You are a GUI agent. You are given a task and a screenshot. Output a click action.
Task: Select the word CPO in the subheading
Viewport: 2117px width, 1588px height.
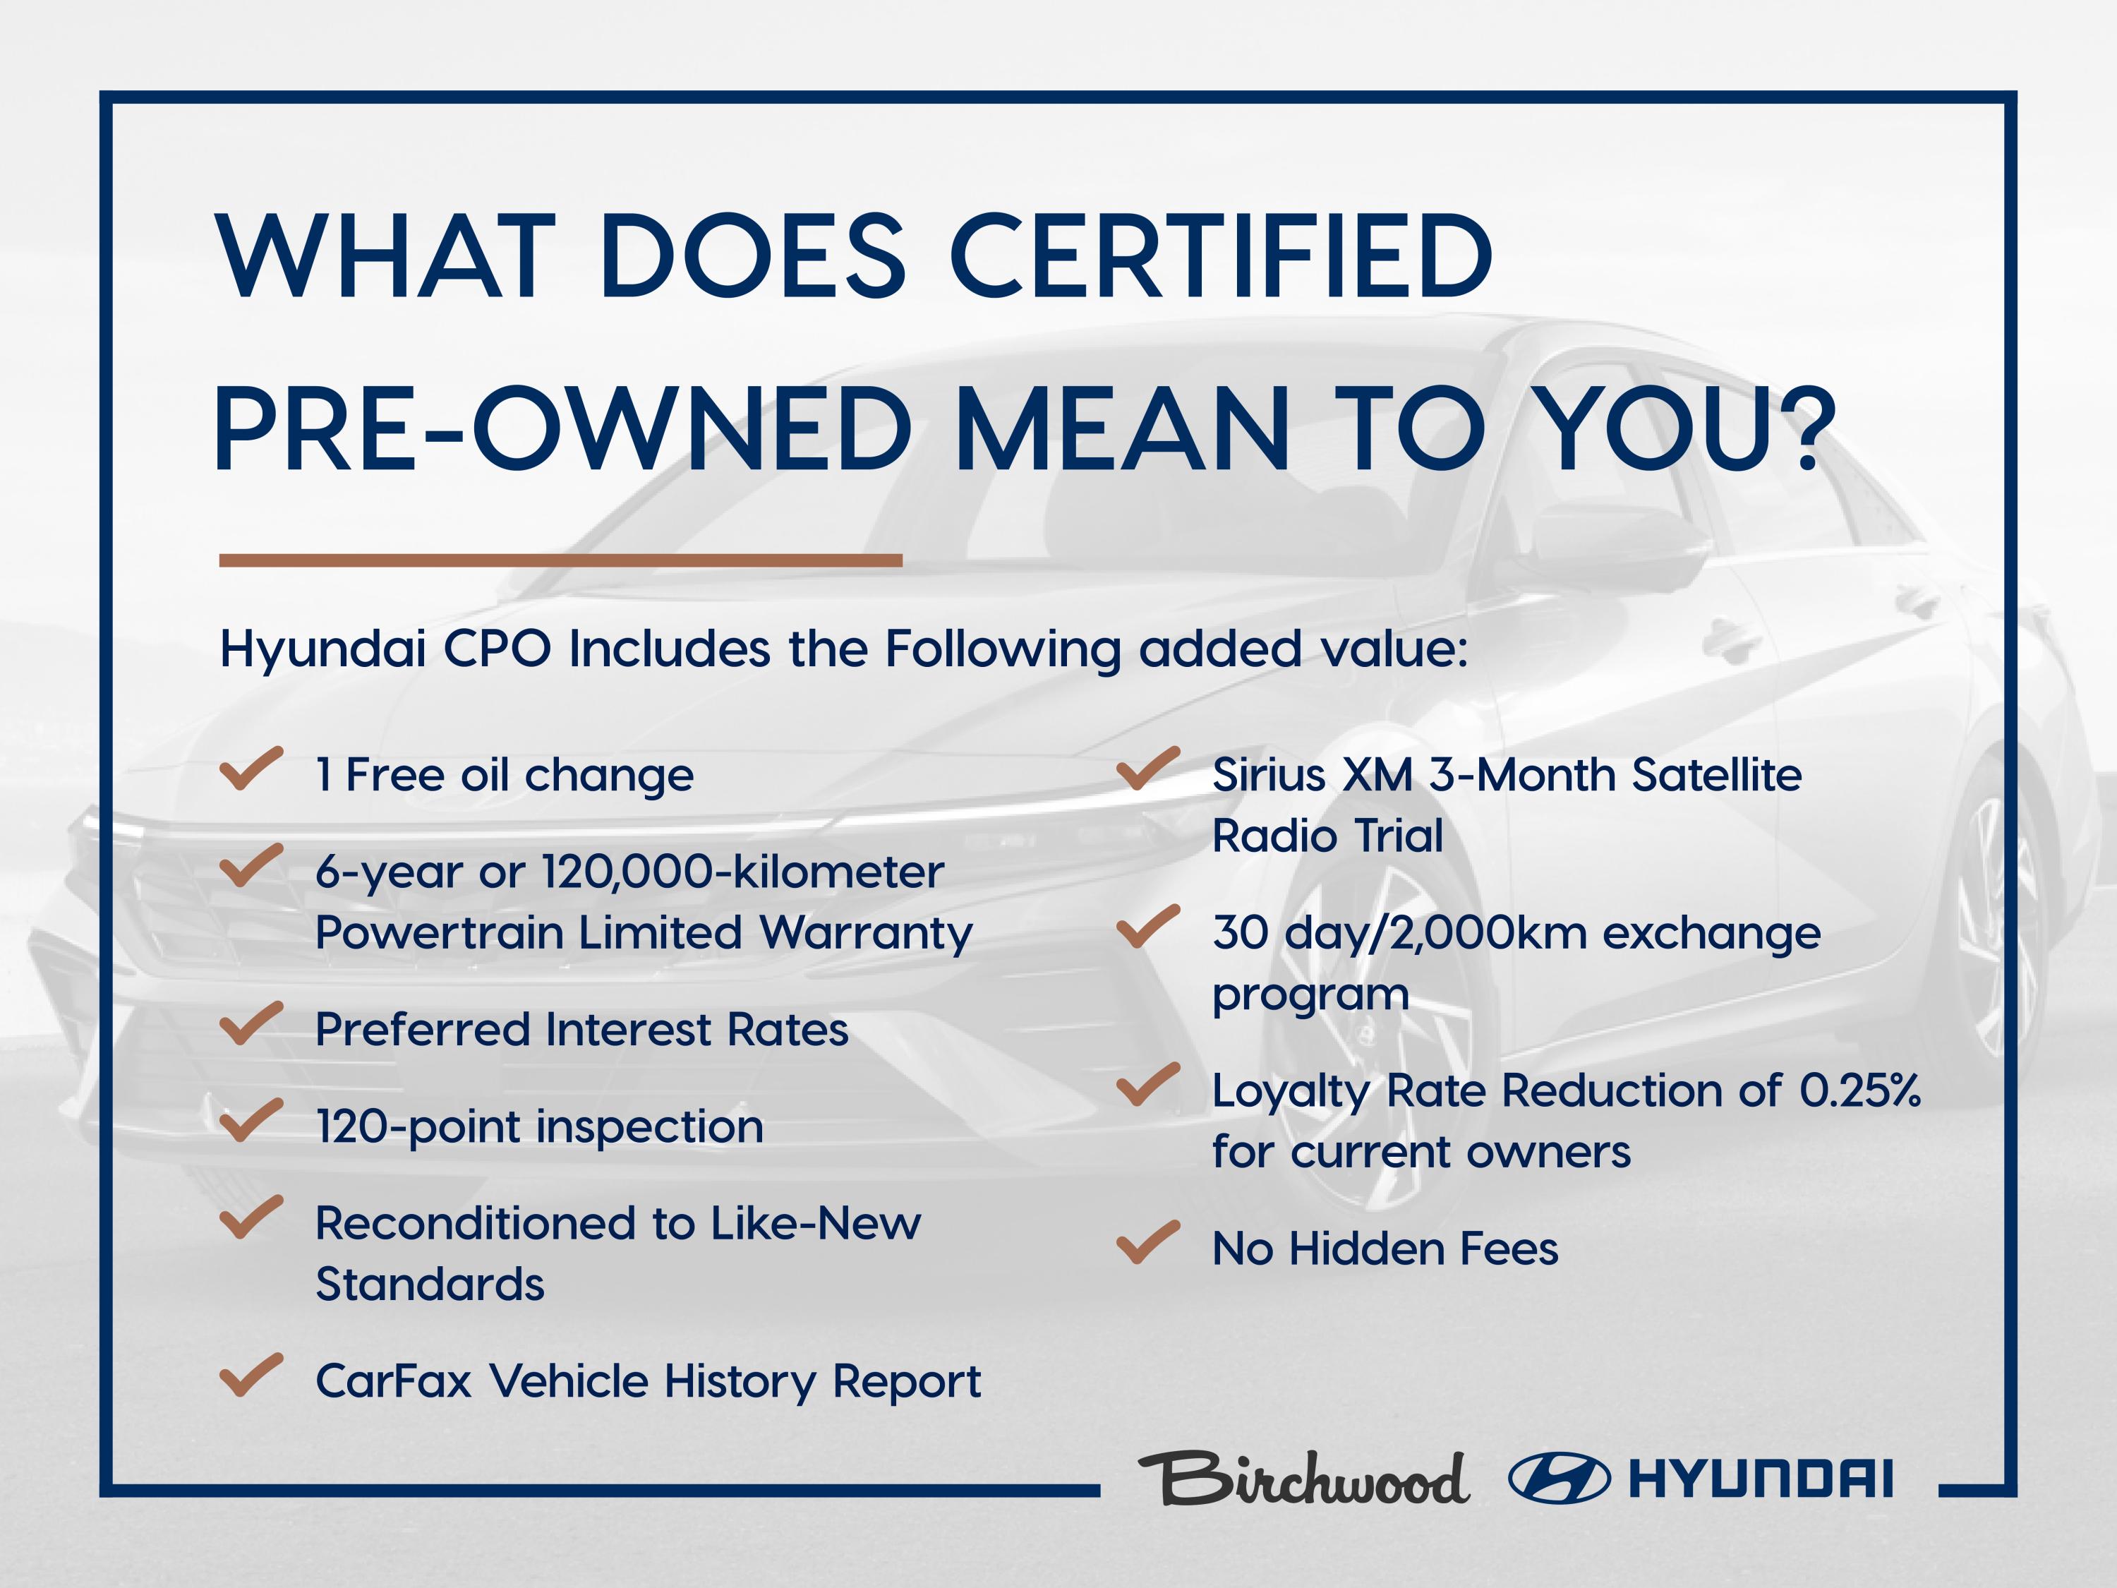pos(497,649)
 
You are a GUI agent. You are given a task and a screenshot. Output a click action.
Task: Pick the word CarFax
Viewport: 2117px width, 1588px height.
pos(393,1381)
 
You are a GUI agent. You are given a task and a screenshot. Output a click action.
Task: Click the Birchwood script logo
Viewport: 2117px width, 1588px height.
pos(1303,1479)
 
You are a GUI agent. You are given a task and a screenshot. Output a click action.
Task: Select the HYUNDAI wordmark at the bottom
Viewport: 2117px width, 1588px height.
pos(1760,1479)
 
